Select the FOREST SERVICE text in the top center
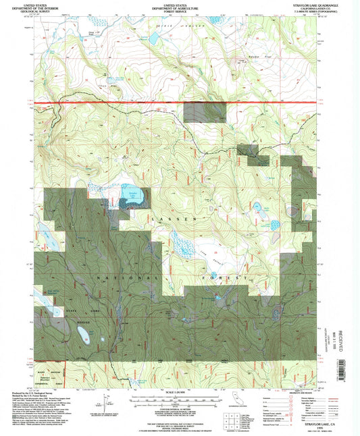click(179, 9)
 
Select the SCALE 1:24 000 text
click(179, 392)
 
